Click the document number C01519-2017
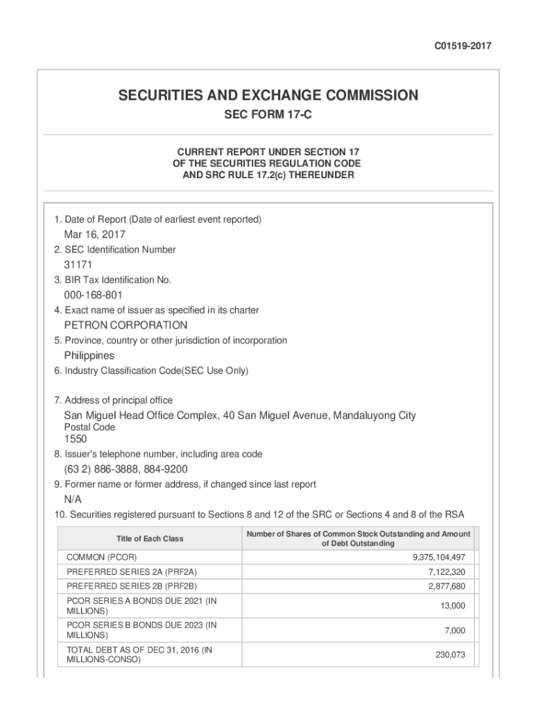tap(463, 46)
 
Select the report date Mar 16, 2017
tap(95, 234)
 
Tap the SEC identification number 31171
tap(78, 265)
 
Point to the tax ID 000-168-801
tap(94, 295)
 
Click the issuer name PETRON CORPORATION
tap(126, 325)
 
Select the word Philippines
tap(89, 356)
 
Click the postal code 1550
tap(76, 439)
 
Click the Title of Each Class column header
tap(150, 539)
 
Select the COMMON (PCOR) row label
tap(102, 557)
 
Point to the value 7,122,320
tap(442, 572)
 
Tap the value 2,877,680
tap(442, 587)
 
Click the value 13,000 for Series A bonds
tap(452, 606)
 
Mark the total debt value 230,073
tap(450, 655)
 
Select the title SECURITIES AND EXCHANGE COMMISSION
tap(268, 95)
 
